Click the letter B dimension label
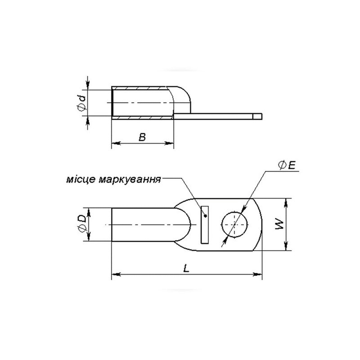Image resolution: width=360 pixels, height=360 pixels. coord(142,137)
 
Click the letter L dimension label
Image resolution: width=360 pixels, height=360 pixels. coord(186,268)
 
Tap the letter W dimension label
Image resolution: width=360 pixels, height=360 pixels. coord(280,224)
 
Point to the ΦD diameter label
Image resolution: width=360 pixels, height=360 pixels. coord(82,223)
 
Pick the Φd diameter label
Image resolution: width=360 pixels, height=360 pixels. coord(82,103)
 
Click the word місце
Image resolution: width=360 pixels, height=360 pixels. coord(80,180)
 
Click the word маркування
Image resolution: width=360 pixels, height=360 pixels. coord(130,180)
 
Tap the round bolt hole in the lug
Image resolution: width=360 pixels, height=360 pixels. coord(234,224)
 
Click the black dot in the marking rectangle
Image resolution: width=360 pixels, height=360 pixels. coord(206,216)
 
